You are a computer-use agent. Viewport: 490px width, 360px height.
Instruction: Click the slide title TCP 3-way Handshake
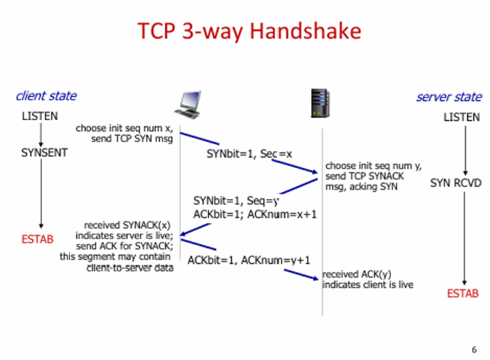click(249, 31)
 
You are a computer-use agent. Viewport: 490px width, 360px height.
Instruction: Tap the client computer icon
click(188, 105)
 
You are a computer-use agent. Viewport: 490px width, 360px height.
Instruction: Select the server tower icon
click(320, 104)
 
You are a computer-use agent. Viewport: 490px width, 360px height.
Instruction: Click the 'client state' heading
click(46, 96)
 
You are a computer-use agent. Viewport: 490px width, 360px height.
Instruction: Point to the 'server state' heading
click(449, 97)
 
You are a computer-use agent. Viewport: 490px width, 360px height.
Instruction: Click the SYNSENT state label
click(44, 153)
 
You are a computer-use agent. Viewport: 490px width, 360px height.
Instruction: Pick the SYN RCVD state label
click(456, 183)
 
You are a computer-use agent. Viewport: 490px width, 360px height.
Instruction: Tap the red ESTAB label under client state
click(37, 239)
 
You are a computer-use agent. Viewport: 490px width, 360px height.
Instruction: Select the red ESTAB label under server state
click(463, 293)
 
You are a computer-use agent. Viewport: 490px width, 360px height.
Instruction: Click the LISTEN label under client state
click(39, 116)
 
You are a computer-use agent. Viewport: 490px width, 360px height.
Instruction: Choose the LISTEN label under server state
click(461, 117)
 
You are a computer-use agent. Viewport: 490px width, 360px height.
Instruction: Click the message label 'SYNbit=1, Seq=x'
click(249, 154)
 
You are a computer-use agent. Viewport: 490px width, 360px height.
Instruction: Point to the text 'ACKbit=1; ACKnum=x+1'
click(255, 214)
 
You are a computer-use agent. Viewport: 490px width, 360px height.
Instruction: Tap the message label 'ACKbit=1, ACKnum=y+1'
click(249, 260)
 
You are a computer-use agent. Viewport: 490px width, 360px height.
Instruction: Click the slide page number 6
click(474, 349)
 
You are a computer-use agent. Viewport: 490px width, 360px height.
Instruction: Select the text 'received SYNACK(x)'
click(127, 225)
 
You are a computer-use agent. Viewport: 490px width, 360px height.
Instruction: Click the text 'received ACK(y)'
click(356, 274)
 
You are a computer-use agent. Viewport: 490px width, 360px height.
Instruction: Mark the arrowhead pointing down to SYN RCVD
click(465, 173)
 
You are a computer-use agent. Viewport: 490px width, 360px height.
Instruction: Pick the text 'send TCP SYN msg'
click(132, 139)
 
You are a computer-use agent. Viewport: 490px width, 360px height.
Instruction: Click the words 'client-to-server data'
click(130, 268)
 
